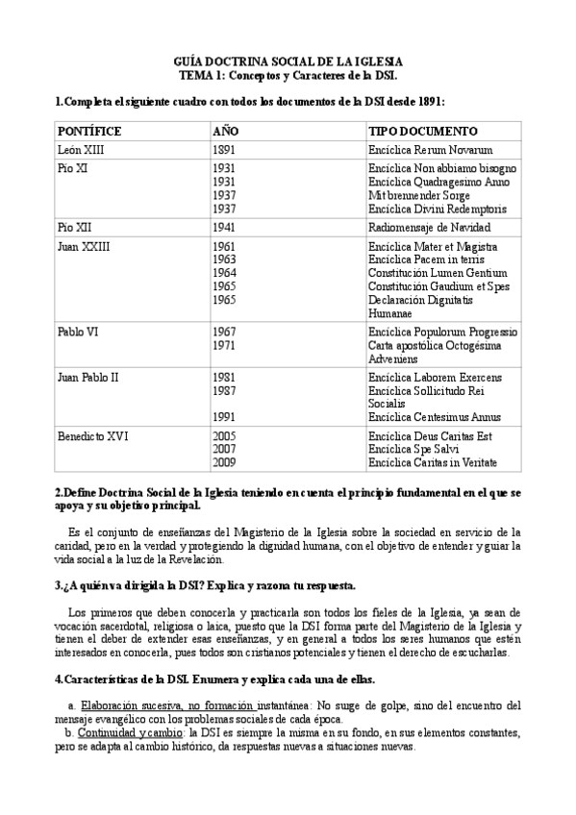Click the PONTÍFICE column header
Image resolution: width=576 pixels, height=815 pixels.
(89, 131)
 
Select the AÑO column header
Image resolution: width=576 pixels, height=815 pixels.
(224, 131)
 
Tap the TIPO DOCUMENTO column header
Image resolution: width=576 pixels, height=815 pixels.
(422, 131)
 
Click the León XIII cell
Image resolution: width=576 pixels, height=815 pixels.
(83, 150)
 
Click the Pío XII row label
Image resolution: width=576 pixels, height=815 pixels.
(75, 228)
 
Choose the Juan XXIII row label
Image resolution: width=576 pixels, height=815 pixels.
(84, 247)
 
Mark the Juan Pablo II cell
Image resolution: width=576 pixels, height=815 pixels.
(88, 378)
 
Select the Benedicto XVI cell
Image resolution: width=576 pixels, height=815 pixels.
(93, 436)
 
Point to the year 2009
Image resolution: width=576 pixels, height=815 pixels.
(223, 462)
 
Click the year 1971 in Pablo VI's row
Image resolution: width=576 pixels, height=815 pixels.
(223, 345)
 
